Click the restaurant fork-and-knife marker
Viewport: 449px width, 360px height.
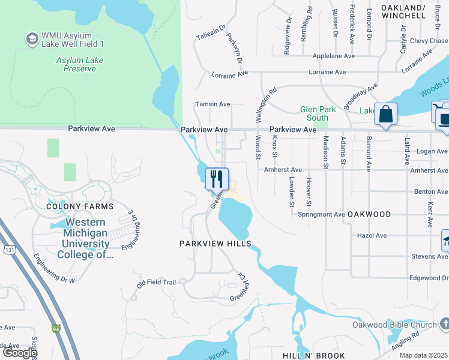pyautogui.click(x=217, y=179)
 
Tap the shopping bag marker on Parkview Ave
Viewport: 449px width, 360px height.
pyautogui.click(x=385, y=114)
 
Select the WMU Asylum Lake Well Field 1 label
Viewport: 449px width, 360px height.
pyautogui.click(x=72, y=40)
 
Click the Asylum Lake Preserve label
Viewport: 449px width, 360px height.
pyautogui.click(x=76, y=65)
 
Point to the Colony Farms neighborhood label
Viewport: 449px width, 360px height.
pyautogui.click(x=79, y=206)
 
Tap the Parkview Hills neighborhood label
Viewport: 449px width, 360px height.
pyautogui.click(x=215, y=244)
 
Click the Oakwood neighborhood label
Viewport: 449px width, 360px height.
pyautogui.click(x=370, y=214)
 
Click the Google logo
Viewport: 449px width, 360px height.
pyautogui.click(x=19, y=353)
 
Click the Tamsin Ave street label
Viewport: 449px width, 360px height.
pyautogui.click(x=212, y=104)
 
